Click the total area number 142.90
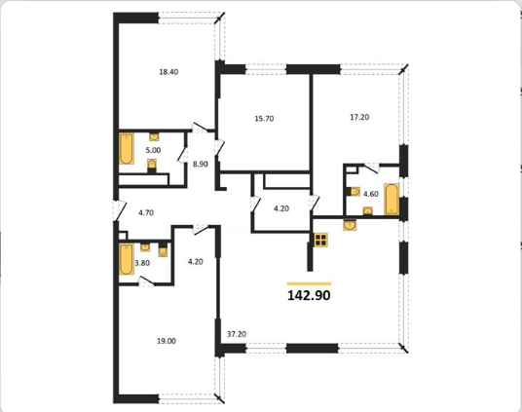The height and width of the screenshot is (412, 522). point(309,295)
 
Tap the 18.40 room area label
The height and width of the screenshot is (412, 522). point(168,72)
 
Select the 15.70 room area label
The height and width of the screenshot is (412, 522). point(264,119)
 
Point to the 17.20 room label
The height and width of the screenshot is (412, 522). point(359,117)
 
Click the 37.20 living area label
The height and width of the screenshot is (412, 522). point(237,334)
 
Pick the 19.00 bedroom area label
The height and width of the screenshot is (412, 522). point(167,341)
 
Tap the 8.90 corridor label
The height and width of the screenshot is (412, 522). point(201,164)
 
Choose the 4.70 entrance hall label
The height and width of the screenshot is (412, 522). point(146,212)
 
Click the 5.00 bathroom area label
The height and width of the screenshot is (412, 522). point(153,150)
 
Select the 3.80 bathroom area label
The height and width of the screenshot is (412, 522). point(142,263)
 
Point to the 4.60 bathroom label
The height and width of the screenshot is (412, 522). point(370,194)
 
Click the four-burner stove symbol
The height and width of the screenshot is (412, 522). point(320,240)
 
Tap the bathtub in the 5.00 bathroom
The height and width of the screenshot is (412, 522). point(127,149)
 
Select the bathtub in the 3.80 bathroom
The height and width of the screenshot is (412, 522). point(127,259)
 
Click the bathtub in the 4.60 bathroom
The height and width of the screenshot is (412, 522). point(391,199)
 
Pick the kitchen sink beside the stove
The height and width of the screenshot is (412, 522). point(350,225)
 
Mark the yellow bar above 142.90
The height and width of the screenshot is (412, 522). point(310,283)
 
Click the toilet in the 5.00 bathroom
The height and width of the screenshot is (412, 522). point(152,166)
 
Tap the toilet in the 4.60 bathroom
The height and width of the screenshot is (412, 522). point(354,192)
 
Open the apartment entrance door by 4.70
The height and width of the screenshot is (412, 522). point(119,210)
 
